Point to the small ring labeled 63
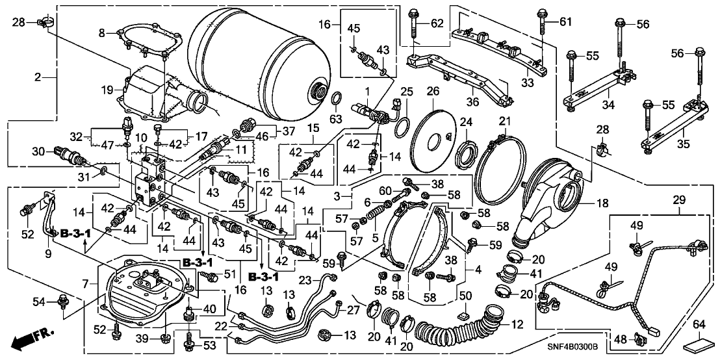[337, 99]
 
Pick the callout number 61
[565, 23]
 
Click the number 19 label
[108, 91]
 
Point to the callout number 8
[101, 32]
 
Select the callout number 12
[517, 324]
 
